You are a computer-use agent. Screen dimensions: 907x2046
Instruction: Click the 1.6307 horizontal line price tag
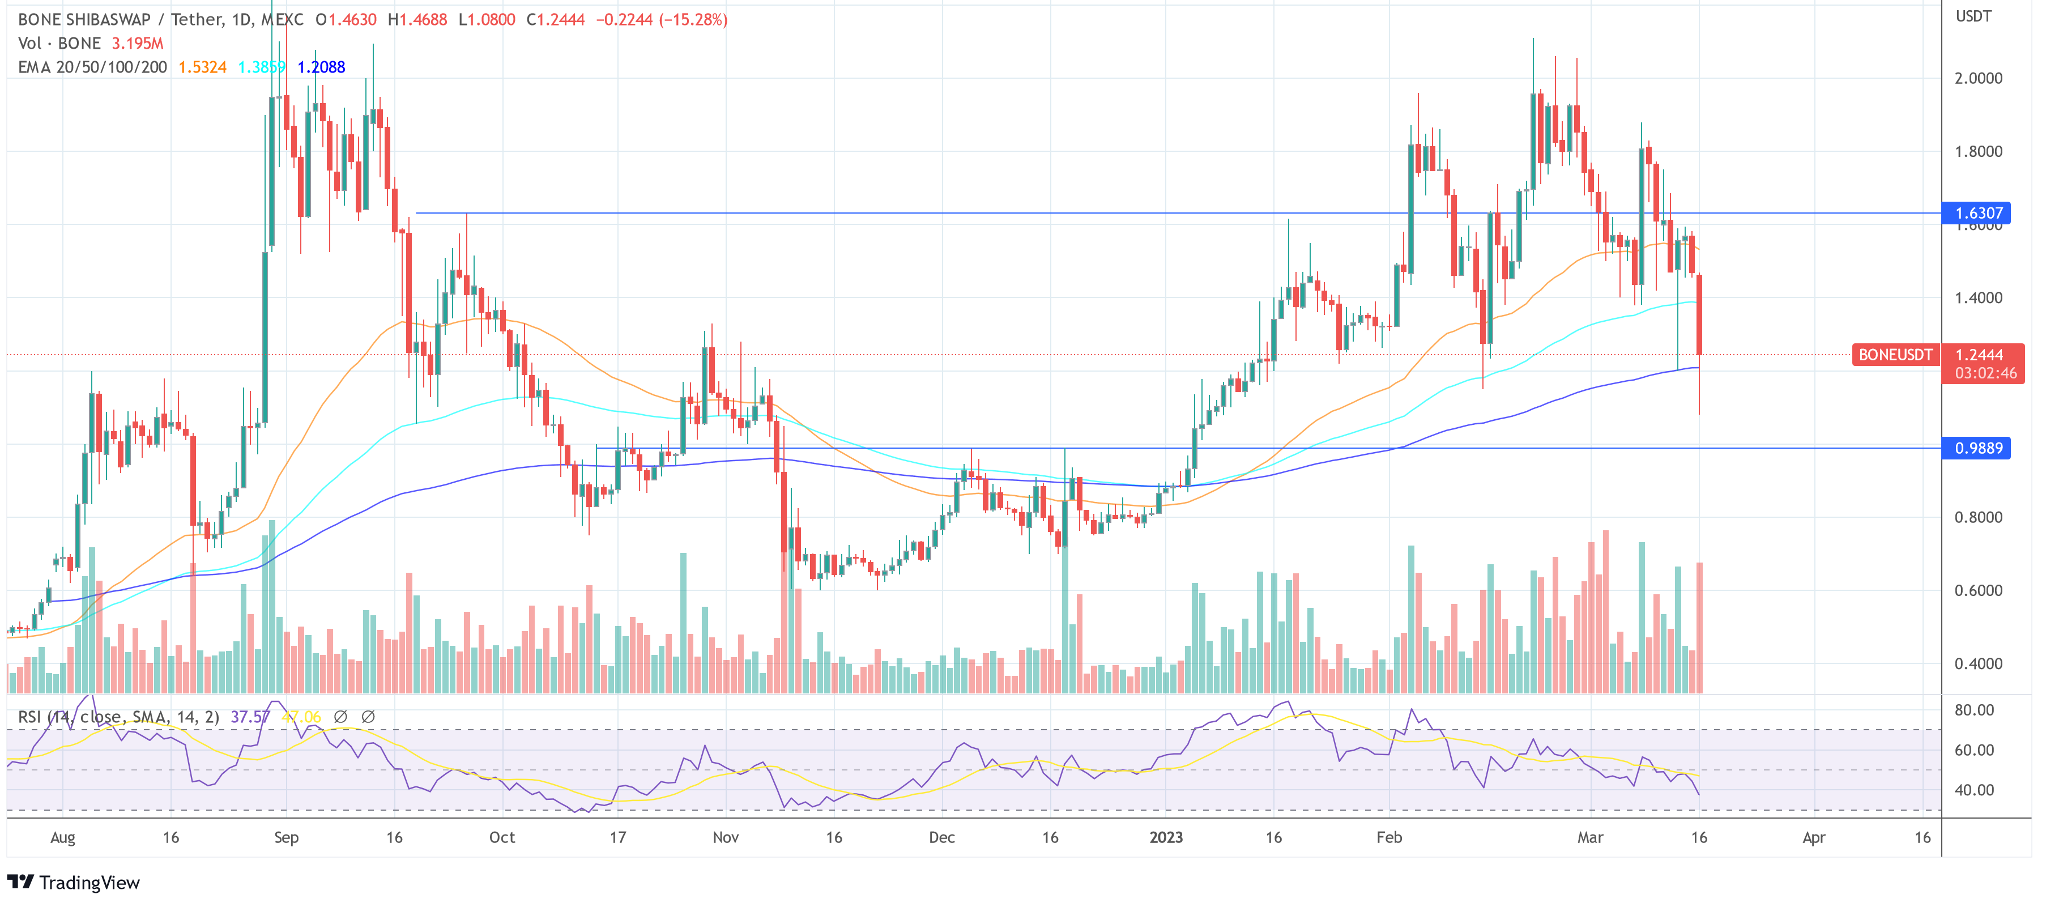click(1977, 213)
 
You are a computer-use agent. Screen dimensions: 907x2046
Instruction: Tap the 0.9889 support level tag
click(1977, 448)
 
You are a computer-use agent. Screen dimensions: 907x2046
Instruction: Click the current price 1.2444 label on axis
click(1979, 354)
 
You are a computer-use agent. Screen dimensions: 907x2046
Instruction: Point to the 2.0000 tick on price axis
click(1977, 78)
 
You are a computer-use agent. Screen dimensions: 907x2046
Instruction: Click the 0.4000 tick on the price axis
click(1977, 663)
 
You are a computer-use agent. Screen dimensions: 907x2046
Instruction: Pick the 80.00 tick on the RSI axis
click(1973, 710)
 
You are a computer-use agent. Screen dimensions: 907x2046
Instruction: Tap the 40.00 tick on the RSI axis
click(1973, 790)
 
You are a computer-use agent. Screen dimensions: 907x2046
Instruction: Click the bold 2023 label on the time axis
click(1165, 837)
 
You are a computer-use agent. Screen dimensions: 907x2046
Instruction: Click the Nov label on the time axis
click(725, 837)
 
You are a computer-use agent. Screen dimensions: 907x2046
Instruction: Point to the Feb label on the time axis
click(1389, 837)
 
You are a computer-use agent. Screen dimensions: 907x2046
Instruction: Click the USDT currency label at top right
click(1973, 16)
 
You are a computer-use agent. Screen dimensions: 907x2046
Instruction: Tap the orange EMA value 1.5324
click(202, 67)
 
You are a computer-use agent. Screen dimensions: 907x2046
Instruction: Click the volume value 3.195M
click(138, 44)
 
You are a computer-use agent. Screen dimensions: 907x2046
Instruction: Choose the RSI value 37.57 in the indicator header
click(249, 717)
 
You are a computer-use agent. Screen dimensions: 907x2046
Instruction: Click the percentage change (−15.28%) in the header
click(693, 20)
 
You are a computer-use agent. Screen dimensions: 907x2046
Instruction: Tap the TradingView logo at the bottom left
click(74, 883)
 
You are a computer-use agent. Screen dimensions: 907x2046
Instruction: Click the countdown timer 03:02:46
click(1985, 373)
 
